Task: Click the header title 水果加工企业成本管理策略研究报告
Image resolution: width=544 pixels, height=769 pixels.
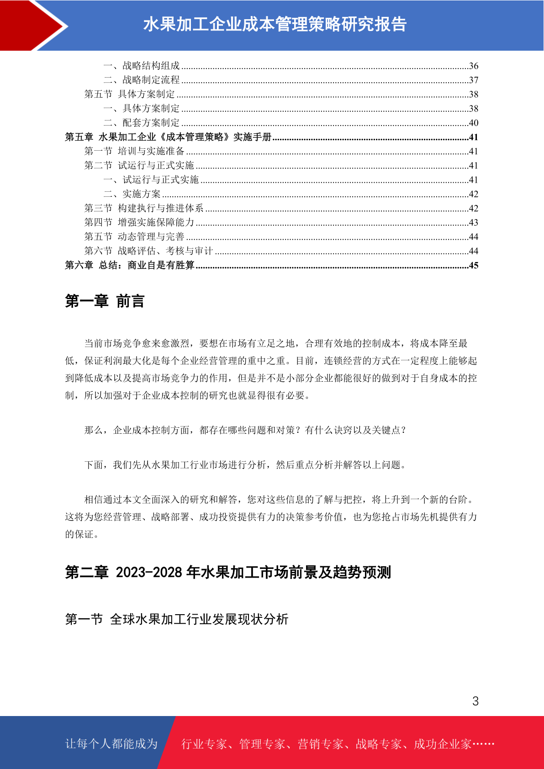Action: point(275,25)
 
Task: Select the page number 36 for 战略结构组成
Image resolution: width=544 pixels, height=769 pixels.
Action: point(474,66)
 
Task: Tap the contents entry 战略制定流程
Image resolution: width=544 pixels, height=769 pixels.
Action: point(151,80)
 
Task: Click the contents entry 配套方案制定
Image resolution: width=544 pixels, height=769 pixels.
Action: point(151,123)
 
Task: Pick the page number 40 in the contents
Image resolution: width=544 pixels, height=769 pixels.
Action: point(474,123)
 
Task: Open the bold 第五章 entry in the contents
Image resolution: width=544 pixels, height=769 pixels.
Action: point(168,137)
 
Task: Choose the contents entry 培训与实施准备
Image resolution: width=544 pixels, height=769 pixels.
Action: point(151,151)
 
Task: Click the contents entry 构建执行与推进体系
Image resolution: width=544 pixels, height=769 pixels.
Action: point(160,208)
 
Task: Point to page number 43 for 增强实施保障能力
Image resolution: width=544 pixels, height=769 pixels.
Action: point(474,223)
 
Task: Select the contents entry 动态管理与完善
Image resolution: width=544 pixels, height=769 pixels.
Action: point(151,237)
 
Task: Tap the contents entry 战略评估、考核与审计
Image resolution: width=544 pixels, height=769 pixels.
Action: point(165,251)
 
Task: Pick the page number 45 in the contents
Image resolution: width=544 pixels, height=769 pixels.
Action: point(474,265)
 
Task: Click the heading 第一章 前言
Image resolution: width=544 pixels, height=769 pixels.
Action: point(105,301)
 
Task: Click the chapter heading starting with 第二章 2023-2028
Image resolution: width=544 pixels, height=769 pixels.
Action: point(228,572)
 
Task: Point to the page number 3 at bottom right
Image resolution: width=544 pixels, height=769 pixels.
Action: point(475,701)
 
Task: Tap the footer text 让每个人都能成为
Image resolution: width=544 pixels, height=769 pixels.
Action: point(111,744)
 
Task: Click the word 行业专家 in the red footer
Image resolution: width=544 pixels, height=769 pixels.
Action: point(204,744)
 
